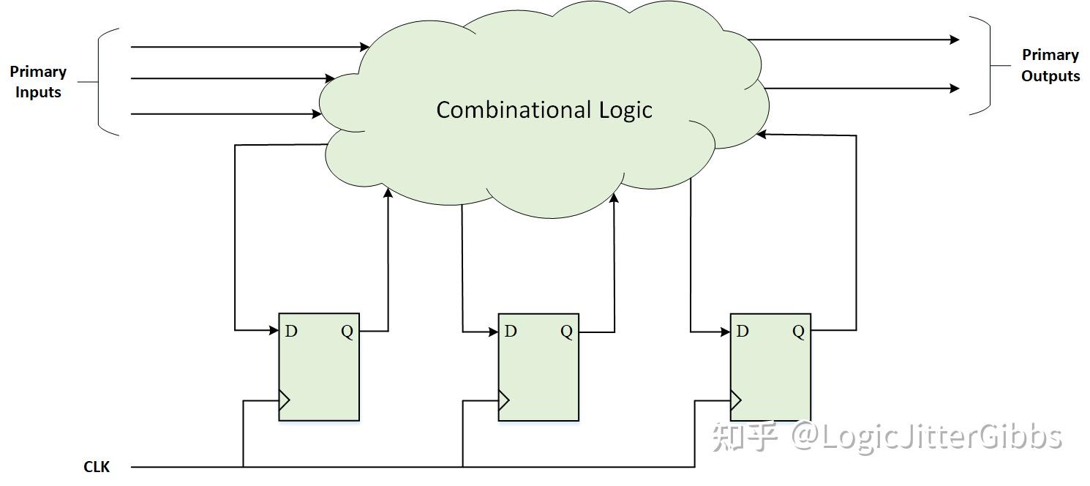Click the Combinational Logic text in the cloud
[544, 110]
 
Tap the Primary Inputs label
[38, 82]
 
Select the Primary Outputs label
[1050, 66]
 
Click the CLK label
[97, 466]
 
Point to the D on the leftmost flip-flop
[291, 331]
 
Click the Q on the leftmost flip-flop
[347, 332]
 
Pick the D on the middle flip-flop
[511, 331]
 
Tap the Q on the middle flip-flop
[566, 332]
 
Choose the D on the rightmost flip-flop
[743, 331]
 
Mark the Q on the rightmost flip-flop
[798, 332]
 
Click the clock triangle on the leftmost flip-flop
[285, 400]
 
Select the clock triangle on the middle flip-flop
[504, 400]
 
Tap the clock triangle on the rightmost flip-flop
[736, 400]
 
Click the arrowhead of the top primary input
[366, 47]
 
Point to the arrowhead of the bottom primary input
[317, 113]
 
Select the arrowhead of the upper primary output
[955, 40]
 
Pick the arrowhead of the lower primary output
[955, 89]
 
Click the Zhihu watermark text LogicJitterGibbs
[928, 436]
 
